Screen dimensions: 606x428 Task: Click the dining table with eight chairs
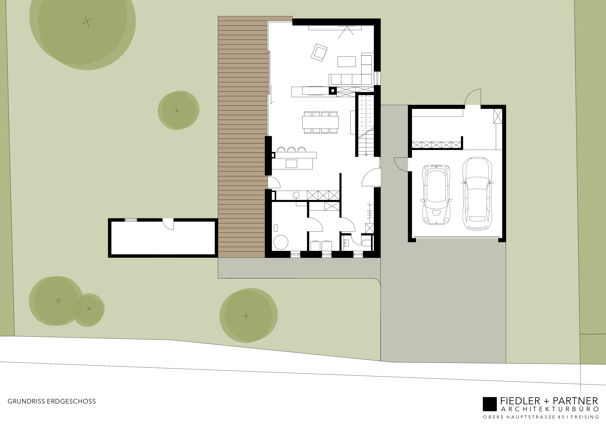pyautogui.click(x=321, y=122)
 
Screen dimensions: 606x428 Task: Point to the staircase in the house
pyautogui.click(x=366, y=125)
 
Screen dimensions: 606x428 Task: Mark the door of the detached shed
pyautogui.click(x=168, y=224)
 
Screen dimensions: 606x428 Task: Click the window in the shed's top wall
pyautogui.click(x=131, y=220)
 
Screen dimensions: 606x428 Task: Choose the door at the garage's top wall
pyautogui.click(x=472, y=97)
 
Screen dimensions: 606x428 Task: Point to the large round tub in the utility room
pyautogui.click(x=281, y=242)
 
